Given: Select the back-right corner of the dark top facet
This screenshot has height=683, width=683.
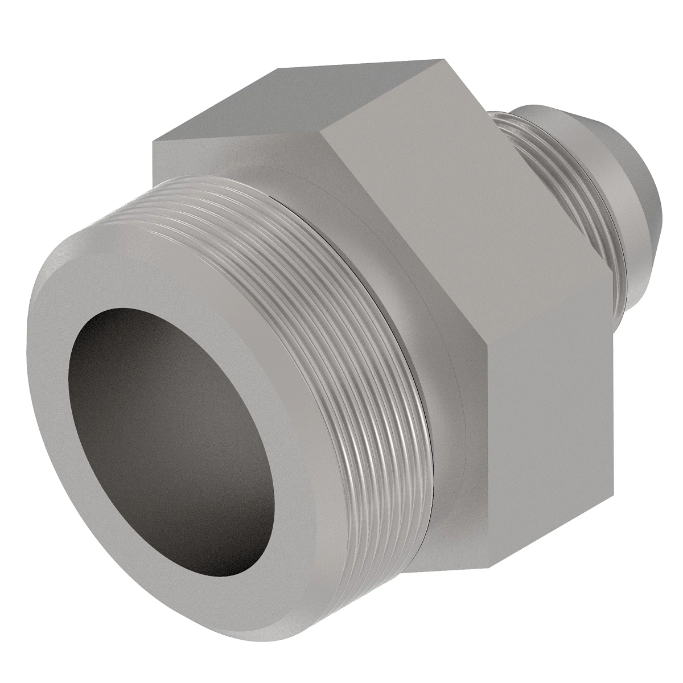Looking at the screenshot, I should click(445, 59).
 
